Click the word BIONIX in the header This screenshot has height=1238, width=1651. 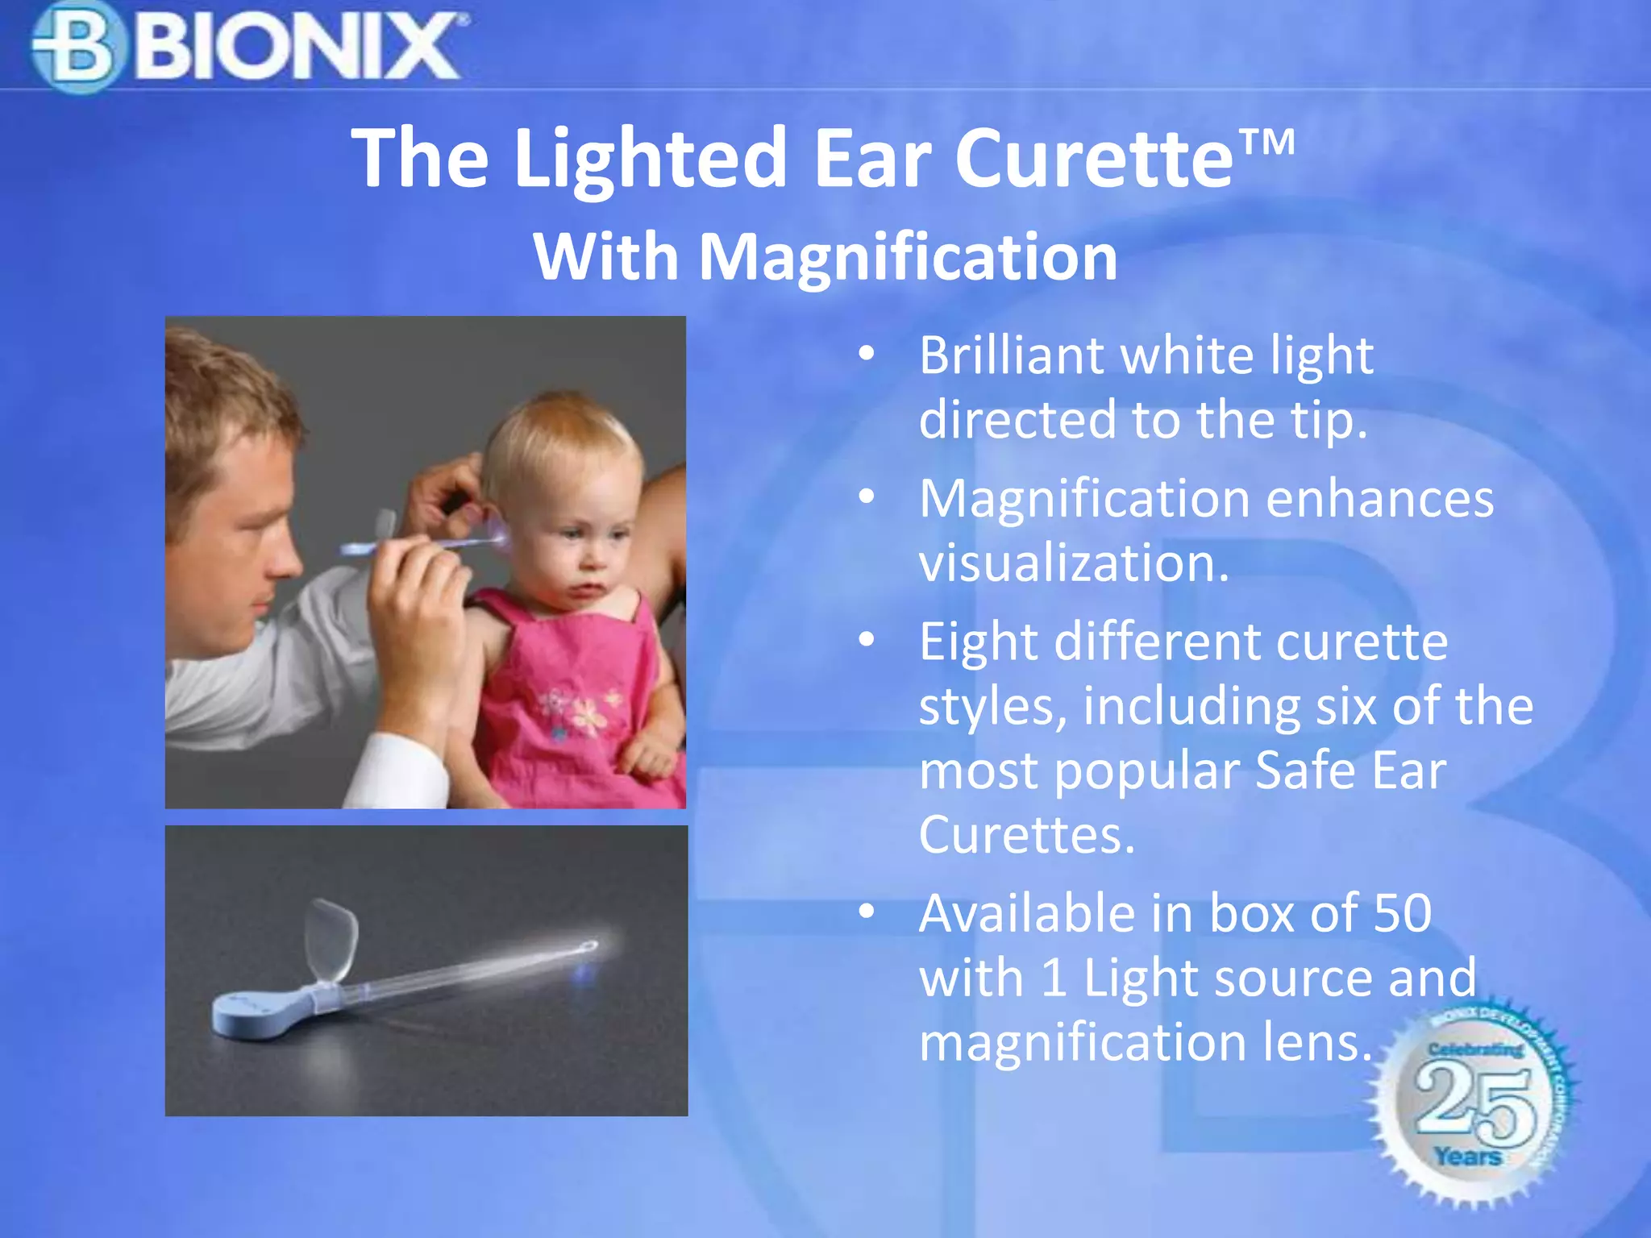coord(297,47)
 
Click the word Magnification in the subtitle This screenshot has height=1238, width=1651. coord(908,257)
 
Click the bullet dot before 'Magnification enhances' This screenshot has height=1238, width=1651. coord(867,496)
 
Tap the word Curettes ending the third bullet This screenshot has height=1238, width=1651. coord(1026,834)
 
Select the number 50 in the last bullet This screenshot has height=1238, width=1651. coord(1402,913)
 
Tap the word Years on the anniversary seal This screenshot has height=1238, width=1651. coord(1467,1157)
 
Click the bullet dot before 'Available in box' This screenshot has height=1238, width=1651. coord(867,912)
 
